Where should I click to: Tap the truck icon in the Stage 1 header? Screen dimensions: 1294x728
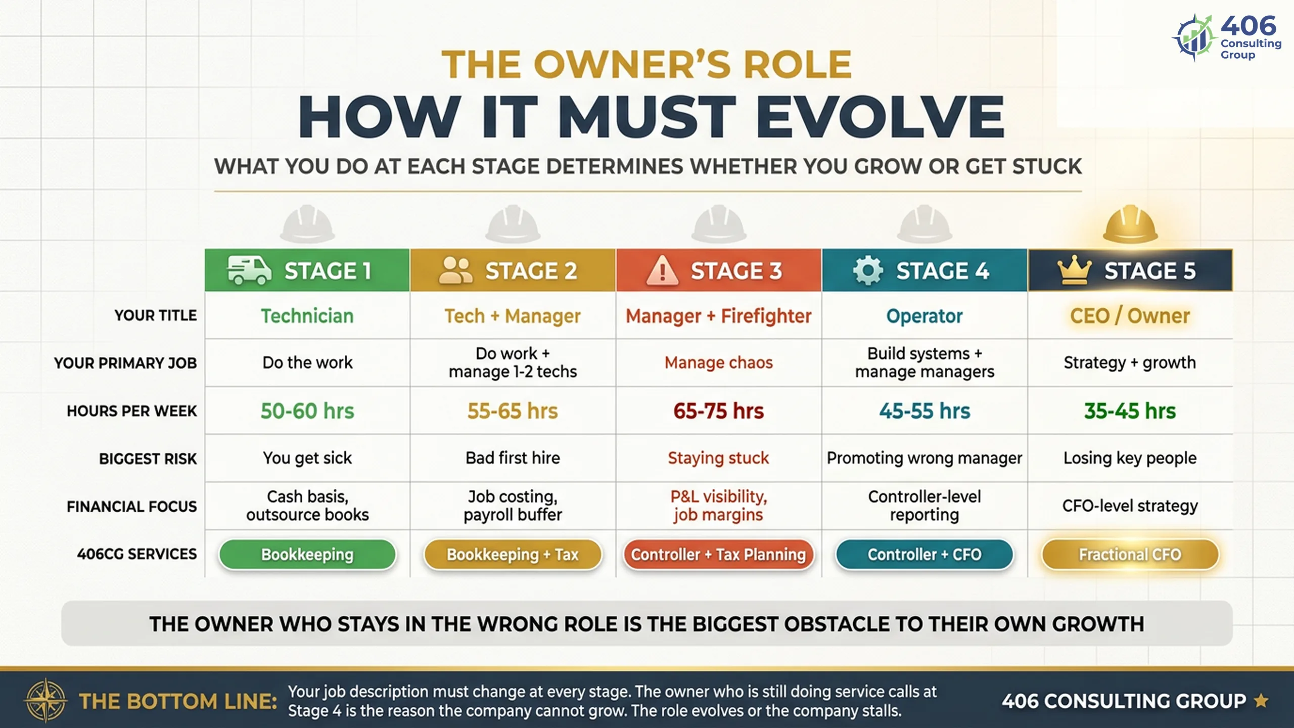[249, 270]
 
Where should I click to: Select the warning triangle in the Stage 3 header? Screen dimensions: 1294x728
[662, 270]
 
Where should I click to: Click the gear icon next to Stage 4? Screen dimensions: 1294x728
[868, 270]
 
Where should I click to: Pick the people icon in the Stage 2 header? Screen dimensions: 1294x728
[455, 270]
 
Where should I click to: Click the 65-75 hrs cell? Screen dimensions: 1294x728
[718, 411]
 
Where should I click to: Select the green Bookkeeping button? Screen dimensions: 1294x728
[307, 555]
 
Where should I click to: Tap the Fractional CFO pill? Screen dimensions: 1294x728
[1130, 555]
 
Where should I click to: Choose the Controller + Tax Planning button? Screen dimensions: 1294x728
[718, 555]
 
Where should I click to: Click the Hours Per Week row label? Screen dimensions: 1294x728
[132, 411]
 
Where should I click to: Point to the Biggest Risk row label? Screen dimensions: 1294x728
[148, 459]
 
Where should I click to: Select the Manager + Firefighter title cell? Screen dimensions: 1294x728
[718, 316]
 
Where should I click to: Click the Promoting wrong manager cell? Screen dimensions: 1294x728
[925, 458]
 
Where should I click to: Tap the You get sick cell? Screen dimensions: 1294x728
[307, 458]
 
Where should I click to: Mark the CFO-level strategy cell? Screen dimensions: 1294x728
[1130, 506]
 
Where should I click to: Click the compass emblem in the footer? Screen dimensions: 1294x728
[45, 700]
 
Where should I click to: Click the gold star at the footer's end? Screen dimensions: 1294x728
[1262, 701]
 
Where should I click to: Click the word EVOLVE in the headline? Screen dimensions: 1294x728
[880, 117]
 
